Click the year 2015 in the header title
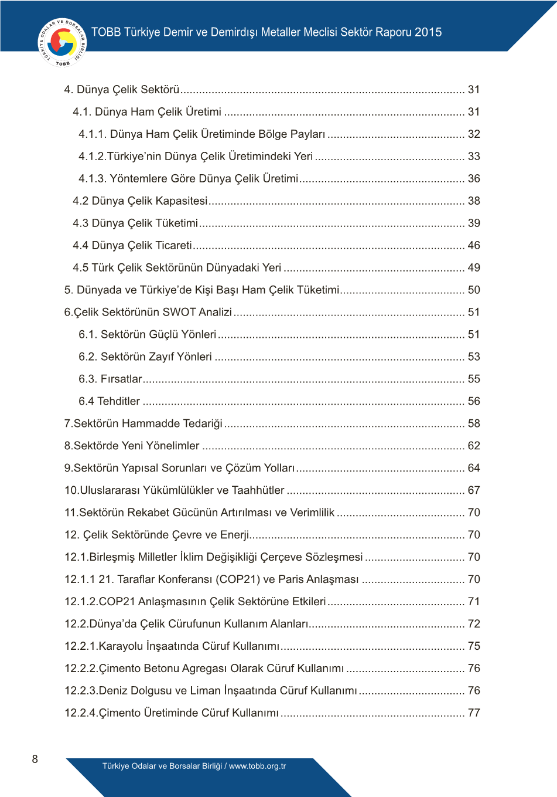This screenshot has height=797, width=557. (x=428, y=32)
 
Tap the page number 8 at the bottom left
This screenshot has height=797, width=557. (x=35, y=759)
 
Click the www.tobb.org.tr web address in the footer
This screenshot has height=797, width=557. (x=257, y=766)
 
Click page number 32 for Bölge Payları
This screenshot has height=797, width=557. (x=474, y=134)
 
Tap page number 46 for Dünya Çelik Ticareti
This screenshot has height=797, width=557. (x=474, y=246)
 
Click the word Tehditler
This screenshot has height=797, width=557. (x=118, y=401)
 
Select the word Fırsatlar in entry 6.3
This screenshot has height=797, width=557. (x=121, y=379)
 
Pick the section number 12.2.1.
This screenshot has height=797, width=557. (x=81, y=646)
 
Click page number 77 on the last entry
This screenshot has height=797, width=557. (x=474, y=713)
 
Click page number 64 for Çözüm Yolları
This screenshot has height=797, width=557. (x=474, y=468)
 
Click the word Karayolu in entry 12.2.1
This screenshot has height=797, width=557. (x=121, y=646)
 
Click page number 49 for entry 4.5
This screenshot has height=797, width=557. (x=474, y=268)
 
